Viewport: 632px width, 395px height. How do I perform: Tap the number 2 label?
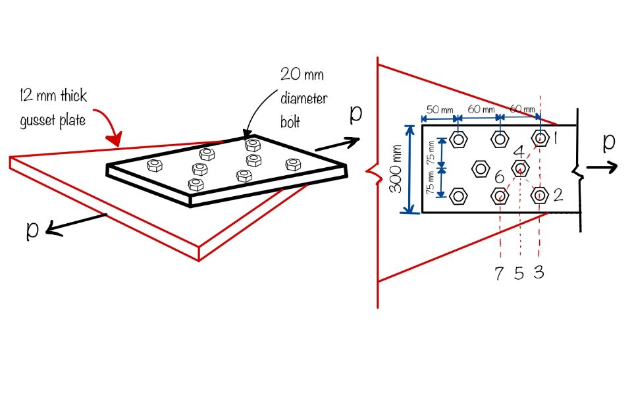(558, 195)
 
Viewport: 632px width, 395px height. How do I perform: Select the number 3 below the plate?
(539, 272)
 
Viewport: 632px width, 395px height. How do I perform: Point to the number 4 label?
(518, 152)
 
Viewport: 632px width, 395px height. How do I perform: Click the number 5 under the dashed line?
(519, 273)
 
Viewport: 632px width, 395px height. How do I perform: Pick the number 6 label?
(499, 178)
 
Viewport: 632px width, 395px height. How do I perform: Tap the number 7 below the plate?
(500, 273)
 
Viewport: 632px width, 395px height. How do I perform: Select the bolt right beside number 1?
(540, 138)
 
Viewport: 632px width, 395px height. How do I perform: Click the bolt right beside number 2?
(540, 195)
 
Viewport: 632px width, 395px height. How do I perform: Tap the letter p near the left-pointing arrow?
(33, 230)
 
